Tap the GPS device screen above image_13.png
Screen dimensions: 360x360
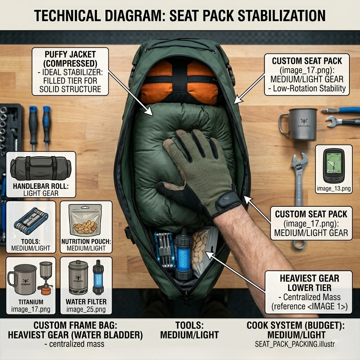334,163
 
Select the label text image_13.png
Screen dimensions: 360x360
334,189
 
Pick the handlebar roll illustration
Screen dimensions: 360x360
41,168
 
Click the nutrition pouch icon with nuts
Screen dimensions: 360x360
85,220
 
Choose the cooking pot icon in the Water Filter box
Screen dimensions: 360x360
78,278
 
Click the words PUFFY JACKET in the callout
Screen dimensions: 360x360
70,54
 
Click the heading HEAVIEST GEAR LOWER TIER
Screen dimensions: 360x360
309,283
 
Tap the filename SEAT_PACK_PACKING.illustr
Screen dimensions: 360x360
295,344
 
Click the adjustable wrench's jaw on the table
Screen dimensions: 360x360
300,161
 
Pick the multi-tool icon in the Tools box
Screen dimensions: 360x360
31,221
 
